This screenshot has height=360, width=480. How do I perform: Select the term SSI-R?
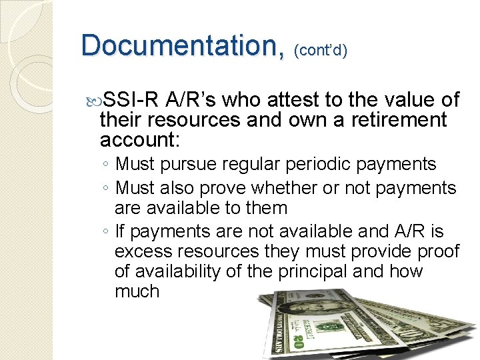pyautogui.click(x=131, y=101)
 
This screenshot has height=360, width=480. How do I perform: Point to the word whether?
pyautogui.click(x=285, y=189)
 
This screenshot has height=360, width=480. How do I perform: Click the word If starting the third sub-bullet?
pyautogui.click(x=120, y=231)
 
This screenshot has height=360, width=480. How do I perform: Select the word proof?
pyautogui.click(x=436, y=251)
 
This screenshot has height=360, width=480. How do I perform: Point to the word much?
pyautogui.click(x=137, y=291)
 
